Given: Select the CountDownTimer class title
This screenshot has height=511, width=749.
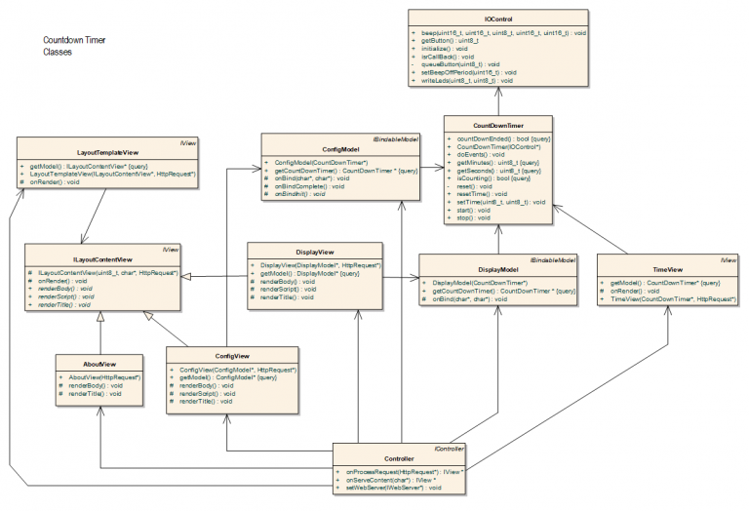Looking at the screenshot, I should (497, 126).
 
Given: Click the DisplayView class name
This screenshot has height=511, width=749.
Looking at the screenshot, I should (298, 252).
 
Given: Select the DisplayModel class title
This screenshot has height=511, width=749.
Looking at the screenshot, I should (497, 268).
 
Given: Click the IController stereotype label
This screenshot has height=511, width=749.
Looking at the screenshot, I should (449, 449).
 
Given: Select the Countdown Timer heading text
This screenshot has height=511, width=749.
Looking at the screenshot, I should (74, 41).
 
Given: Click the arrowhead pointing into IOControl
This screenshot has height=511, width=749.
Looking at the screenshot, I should (497, 92).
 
